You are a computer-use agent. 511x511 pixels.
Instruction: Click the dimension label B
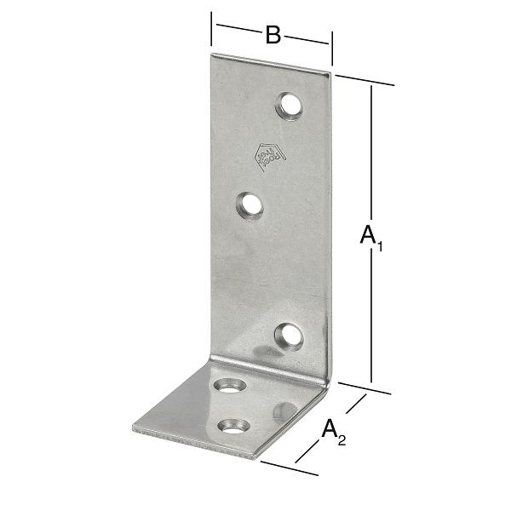[x=272, y=35]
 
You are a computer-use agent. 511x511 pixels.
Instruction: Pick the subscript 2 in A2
[x=342, y=440]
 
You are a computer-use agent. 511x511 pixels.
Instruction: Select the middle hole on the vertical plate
[x=250, y=206]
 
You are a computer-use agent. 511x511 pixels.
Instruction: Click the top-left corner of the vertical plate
[x=211, y=55]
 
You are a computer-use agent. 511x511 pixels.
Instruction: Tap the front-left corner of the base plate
[x=135, y=428]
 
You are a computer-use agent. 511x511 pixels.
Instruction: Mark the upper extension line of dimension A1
[x=365, y=80]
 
